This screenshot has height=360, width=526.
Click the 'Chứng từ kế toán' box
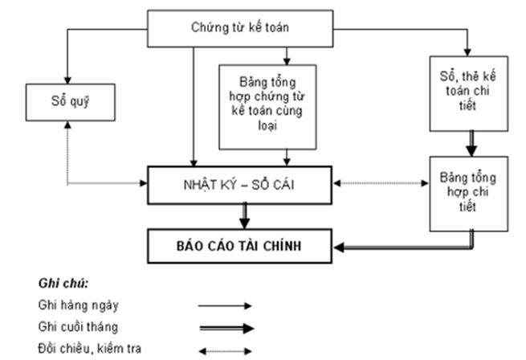click(240, 28)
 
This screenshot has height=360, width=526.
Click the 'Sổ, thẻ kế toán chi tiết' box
click(468, 93)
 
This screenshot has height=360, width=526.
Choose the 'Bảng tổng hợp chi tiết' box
click(468, 190)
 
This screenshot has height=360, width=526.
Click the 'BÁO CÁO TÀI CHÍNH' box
click(239, 246)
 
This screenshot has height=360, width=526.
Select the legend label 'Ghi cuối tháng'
click(76, 327)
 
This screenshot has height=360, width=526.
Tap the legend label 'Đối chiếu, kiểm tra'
click(83, 349)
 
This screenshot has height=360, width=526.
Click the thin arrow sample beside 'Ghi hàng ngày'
click(226, 305)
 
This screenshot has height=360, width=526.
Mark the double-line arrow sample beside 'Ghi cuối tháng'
click(226, 328)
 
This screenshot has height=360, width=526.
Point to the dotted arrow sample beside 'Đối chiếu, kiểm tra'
click(226, 350)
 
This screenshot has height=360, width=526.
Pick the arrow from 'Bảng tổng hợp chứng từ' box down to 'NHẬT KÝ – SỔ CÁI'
click(285, 157)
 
